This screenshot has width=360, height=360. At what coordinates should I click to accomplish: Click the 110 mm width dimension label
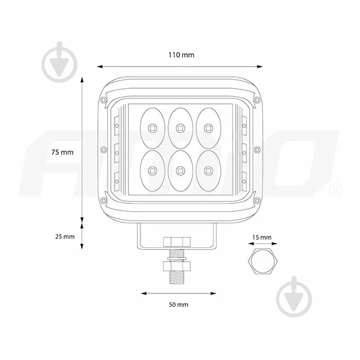(181, 55)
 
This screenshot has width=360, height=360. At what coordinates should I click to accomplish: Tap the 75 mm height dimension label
(62, 152)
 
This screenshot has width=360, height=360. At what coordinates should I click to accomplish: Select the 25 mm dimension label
(65, 236)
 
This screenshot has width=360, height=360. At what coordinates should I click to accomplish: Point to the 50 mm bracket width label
(179, 305)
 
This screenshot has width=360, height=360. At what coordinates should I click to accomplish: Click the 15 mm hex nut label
(262, 238)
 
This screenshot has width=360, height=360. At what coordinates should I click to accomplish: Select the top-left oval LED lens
(151, 127)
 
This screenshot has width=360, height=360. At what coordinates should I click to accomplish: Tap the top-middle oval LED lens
(179, 127)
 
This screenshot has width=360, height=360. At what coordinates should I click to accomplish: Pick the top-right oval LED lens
(208, 127)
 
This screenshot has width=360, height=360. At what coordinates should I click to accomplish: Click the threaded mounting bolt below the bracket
(178, 270)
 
